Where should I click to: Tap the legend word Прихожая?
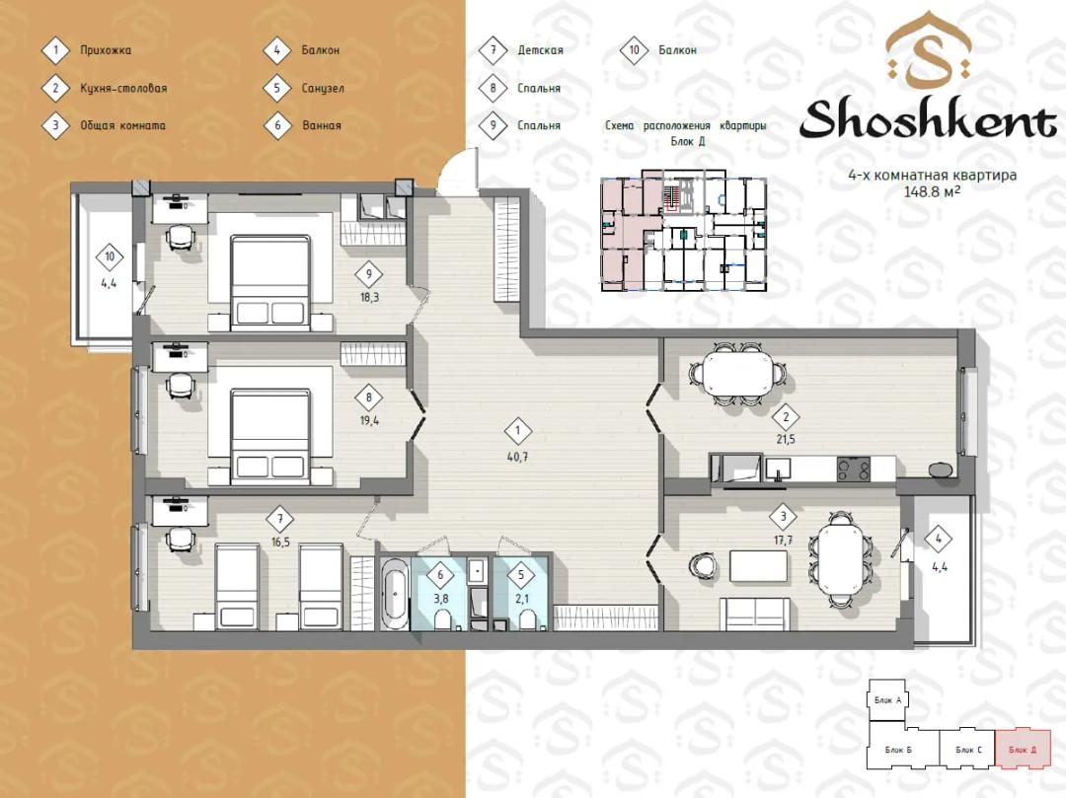(x=106, y=49)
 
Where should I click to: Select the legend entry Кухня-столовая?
(x=123, y=88)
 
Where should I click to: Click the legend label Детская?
(x=541, y=49)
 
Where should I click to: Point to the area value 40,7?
(x=517, y=457)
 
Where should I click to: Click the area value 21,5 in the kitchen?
(x=786, y=439)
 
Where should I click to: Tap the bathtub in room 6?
(x=395, y=594)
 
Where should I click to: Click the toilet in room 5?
(x=526, y=618)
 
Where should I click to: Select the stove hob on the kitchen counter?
(x=853, y=469)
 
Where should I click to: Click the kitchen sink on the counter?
(x=778, y=469)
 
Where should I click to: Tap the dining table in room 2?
(x=738, y=374)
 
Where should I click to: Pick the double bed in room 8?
(x=270, y=436)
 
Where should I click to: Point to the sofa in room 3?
(x=755, y=615)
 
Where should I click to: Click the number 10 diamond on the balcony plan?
(x=110, y=256)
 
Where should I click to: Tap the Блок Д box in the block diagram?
(x=1023, y=750)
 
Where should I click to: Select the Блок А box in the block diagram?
(x=888, y=700)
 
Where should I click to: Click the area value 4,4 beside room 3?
(x=940, y=567)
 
